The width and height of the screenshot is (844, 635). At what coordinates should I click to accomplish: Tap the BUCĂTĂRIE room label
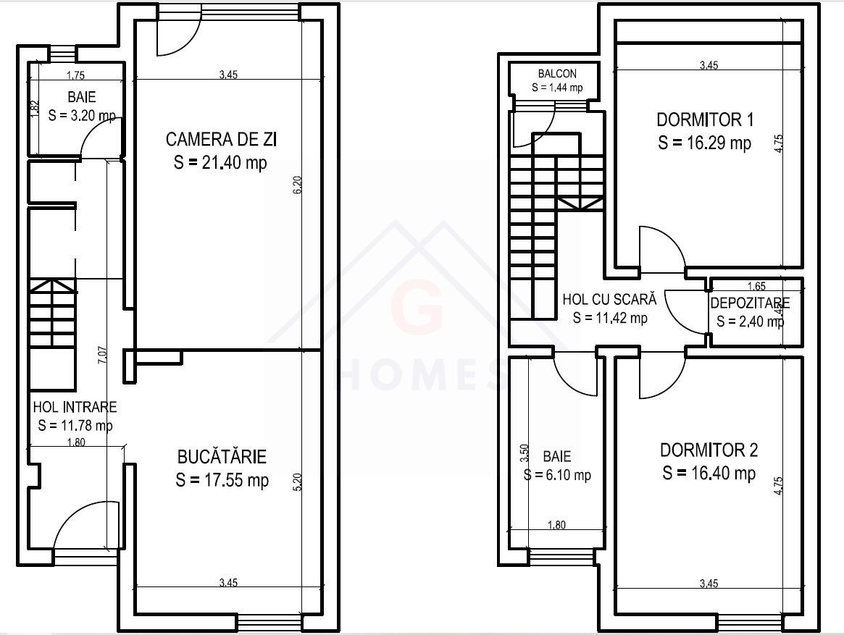222,457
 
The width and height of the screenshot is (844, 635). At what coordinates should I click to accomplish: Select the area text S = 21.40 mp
220,163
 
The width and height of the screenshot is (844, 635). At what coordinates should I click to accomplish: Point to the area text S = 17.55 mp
222,480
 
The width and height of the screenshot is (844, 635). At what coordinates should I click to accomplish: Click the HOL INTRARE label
74,408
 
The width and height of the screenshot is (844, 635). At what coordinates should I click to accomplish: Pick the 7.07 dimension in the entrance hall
102,356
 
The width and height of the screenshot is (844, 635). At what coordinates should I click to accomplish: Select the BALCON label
557,74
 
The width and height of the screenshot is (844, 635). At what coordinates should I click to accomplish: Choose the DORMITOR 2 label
709,450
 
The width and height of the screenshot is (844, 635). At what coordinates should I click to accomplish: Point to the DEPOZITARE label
750,303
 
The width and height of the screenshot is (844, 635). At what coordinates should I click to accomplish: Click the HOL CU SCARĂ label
609,299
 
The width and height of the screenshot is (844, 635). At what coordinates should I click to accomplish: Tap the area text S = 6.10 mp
558,475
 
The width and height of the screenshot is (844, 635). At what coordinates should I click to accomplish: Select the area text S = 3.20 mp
81,114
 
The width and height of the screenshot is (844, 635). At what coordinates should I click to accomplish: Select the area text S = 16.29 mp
704,143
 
